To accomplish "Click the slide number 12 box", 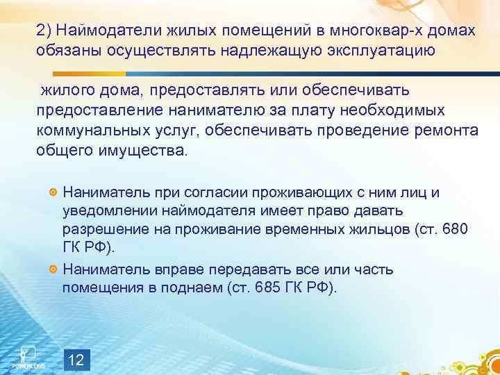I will tap(77, 360).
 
